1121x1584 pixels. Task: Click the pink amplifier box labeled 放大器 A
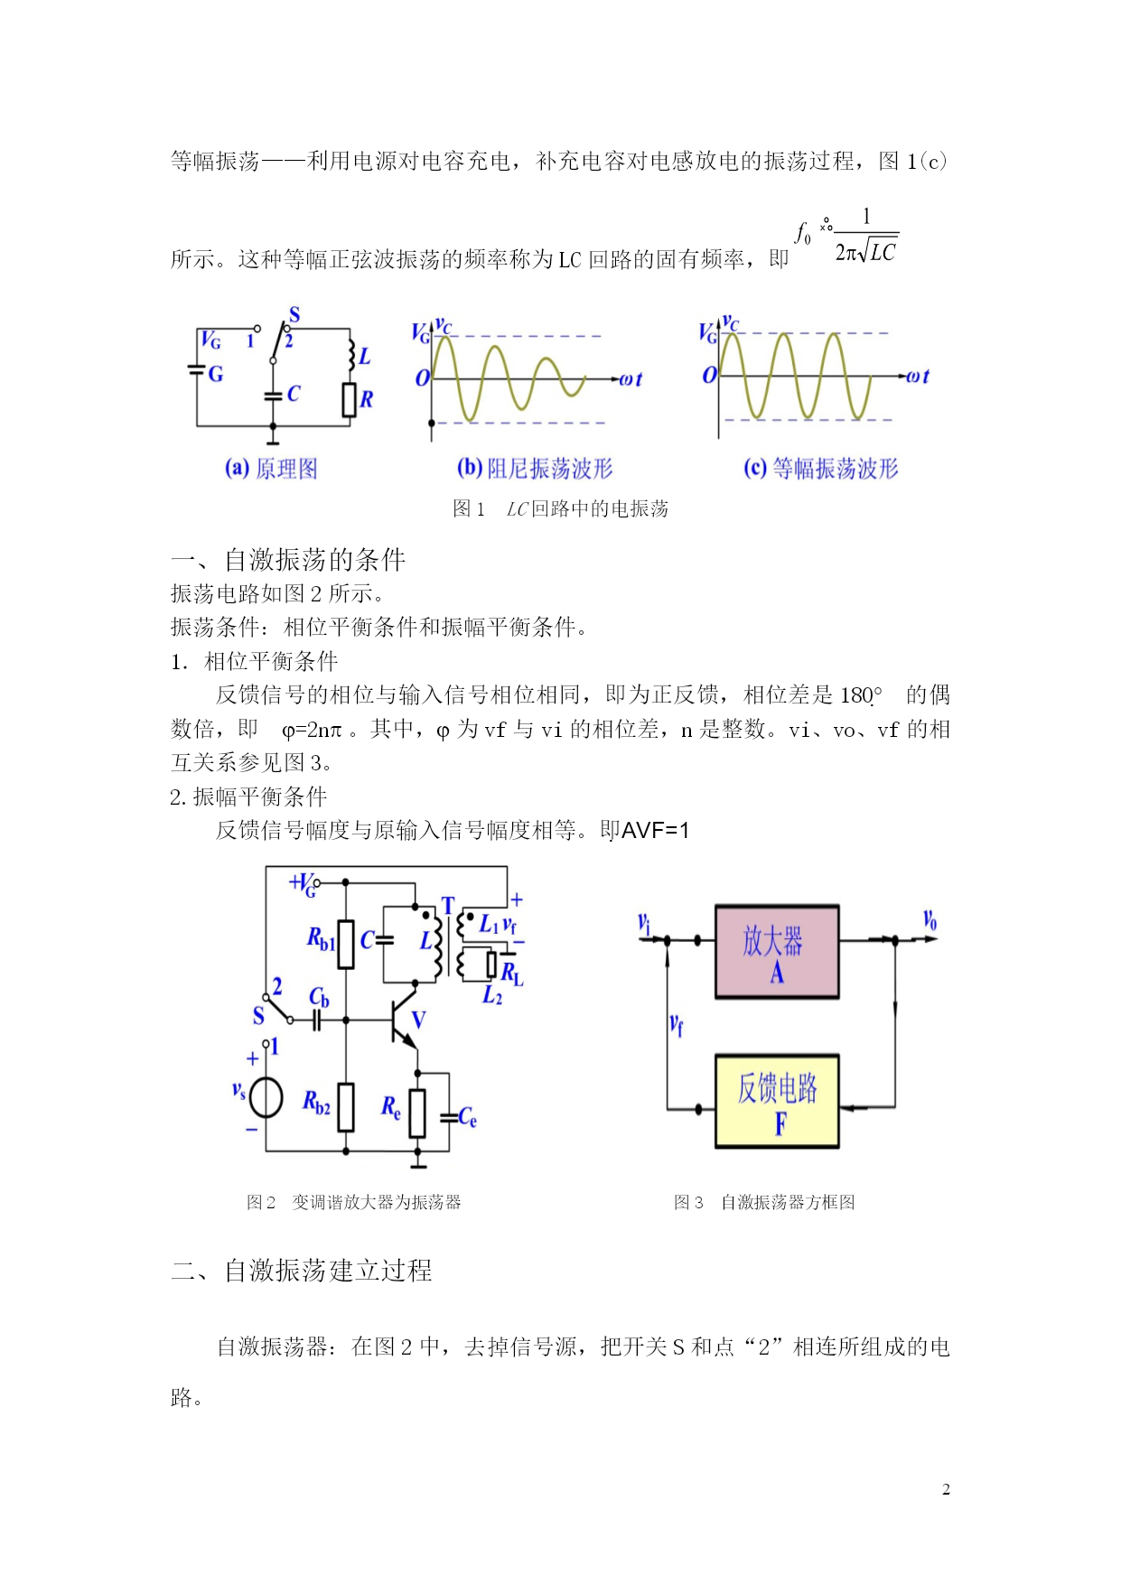click(x=777, y=951)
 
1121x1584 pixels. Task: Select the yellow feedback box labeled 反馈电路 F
click(x=777, y=1101)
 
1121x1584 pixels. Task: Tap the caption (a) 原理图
click(x=271, y=469)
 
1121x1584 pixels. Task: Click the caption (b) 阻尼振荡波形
click(x=535, y=469)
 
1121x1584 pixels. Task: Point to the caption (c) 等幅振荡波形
click(x=821, y=469)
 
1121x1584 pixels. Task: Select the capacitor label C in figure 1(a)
click(x=294, y=395)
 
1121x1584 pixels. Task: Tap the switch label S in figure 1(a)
click(x=294, y=314)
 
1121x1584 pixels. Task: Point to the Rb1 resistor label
click(x=321, y=939)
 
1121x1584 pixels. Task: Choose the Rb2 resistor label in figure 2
click(x=316, y=1103)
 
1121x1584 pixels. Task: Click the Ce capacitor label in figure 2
click(x=467, y=1118)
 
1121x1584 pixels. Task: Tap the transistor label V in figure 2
click(x=418, y=1020)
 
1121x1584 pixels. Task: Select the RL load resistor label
click(x=512, y=974)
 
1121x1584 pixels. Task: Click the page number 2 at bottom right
click(x=946, y=1490)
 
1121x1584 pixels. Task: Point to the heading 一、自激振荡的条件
click(x=288, y=560)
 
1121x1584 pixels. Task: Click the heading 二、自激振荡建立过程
click(x=302, y=1271)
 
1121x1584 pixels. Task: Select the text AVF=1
click(x=655, y=831)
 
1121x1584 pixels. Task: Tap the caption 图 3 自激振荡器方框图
click(x=764, y=1202)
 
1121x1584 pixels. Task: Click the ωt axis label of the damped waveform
click(x=631, y=379)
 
